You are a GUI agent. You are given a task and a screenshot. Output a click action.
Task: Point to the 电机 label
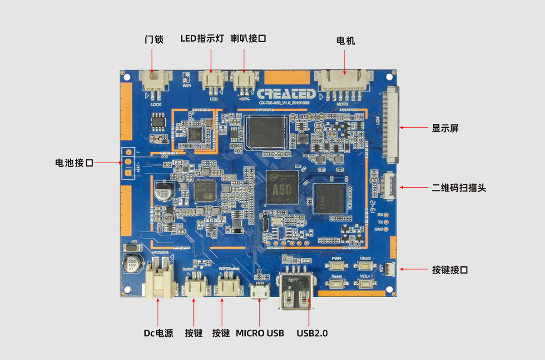pyautogui.click(x=345, y=41)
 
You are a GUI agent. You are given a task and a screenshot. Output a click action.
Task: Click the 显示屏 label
pyautogui.click(x=445, y=128)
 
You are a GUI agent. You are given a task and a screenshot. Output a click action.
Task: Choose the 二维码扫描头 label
pyautogui.click(x=459, y=187)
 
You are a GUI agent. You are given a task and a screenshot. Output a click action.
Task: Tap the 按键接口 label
pyautogui.click(x=450, y=270)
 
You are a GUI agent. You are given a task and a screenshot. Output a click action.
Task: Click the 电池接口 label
pyautogui.click(x=74, y=163)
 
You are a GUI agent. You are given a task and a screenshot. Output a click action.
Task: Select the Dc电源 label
pyautogui.click(x=159, y=333)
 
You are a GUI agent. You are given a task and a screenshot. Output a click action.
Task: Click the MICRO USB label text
pyautogui.click(x=260, y=333)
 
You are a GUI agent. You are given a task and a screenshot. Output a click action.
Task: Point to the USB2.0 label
pyautogui.click(x=312, y=333)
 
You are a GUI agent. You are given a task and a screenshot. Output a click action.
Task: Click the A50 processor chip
pyautogui.click(x=282, y=187)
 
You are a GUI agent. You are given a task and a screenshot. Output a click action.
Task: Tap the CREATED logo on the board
pyautogui.click(x=286, y=94)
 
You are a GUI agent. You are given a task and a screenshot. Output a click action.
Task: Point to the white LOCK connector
pyautogui.click(x=155, y=82)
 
